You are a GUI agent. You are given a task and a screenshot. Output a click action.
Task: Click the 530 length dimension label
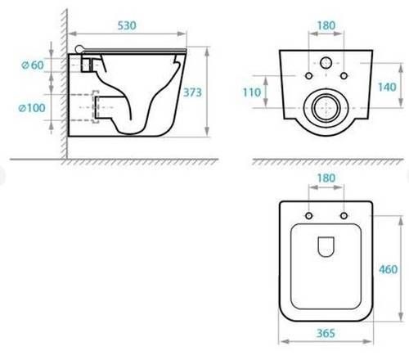point(127,25)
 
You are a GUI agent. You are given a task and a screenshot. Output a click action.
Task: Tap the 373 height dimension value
point(192,92)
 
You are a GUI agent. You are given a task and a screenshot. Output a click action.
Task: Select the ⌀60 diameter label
point(33,65)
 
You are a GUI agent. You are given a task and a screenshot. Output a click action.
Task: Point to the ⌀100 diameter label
point(32,108)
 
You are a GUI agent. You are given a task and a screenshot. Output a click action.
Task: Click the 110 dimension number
point(252,92)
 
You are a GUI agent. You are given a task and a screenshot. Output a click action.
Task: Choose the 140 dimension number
point(387,88)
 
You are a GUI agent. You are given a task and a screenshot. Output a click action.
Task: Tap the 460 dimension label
point(389,269)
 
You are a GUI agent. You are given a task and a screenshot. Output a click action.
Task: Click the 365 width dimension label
point(326,333)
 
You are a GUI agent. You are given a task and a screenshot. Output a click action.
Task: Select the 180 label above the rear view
point(326,25)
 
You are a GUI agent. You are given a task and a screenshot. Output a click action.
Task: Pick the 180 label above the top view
point(326,178)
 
